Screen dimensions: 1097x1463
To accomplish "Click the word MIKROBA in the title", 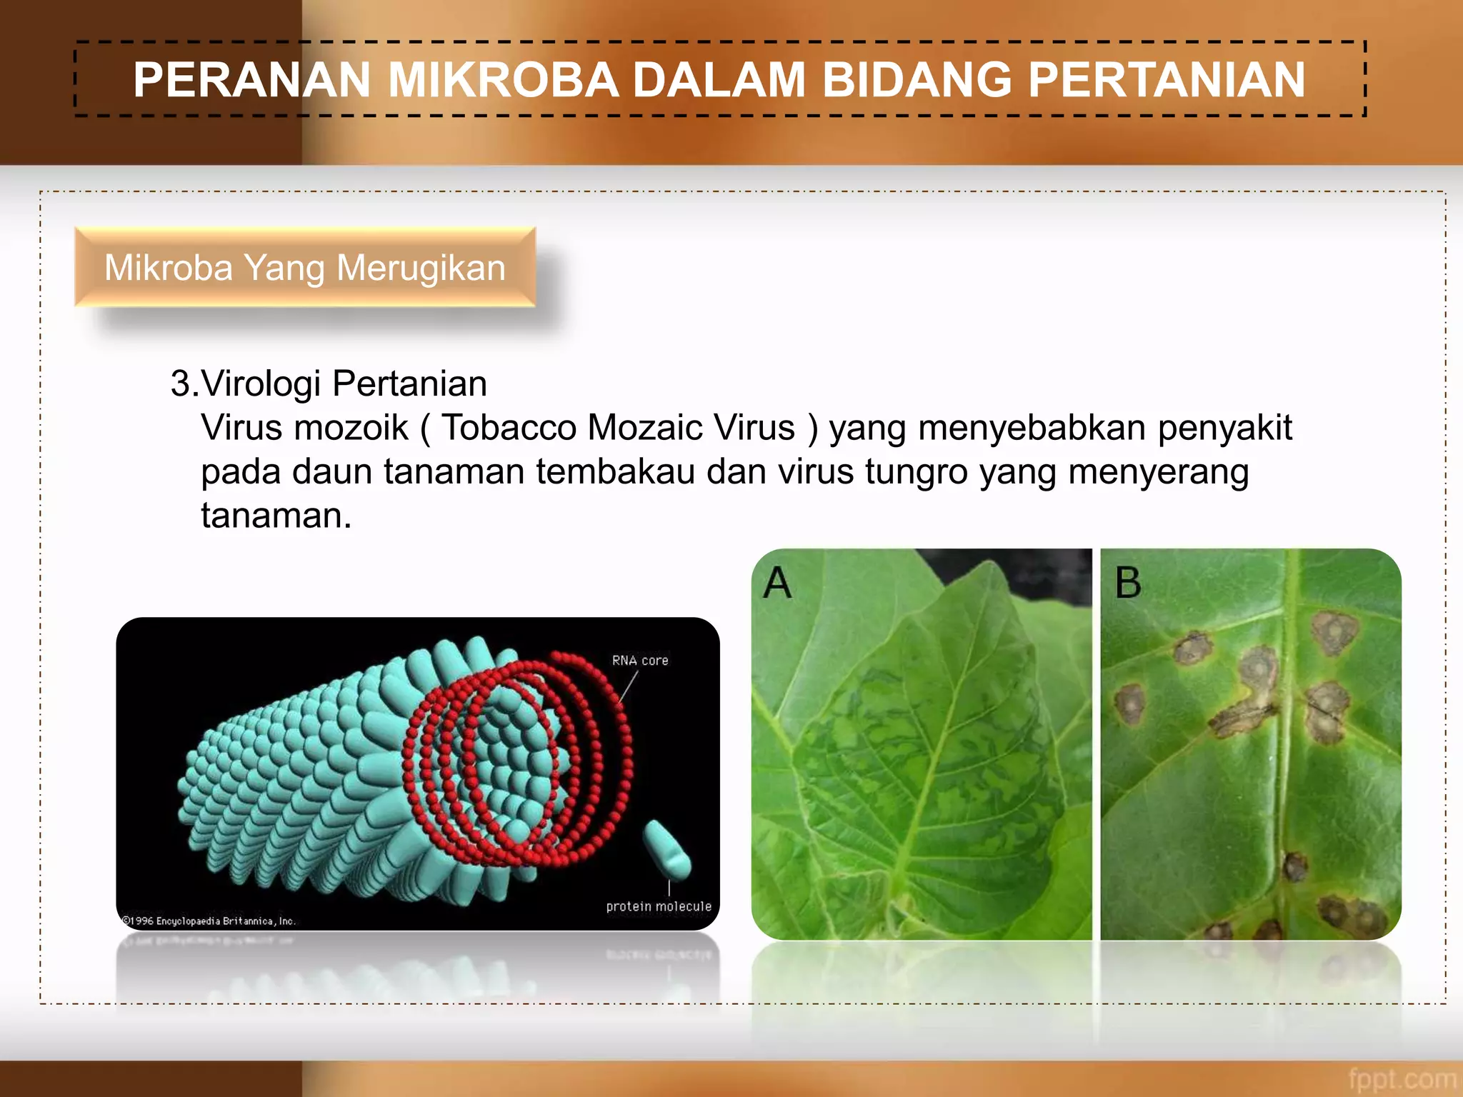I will (503, 79).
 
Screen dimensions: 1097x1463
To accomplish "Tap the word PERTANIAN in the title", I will (1167, 79).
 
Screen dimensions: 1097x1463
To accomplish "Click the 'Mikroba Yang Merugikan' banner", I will (305, 268).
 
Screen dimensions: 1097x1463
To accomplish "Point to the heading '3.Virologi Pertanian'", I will (329, 384).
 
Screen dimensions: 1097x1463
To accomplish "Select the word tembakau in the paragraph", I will (615, 472).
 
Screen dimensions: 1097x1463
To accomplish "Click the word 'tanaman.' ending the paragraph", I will (276, 516).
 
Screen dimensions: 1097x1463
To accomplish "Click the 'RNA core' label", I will (640, 661).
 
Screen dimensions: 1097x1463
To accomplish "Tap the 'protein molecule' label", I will (659, 906).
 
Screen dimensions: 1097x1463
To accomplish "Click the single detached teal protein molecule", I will (667, 849).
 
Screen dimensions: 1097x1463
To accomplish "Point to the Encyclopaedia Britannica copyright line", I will (209, 921).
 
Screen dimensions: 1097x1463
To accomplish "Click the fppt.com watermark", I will (1402, 1078).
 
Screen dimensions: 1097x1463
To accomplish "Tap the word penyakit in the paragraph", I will (1224, 428).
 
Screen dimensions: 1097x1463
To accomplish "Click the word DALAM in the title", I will (719, 79).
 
